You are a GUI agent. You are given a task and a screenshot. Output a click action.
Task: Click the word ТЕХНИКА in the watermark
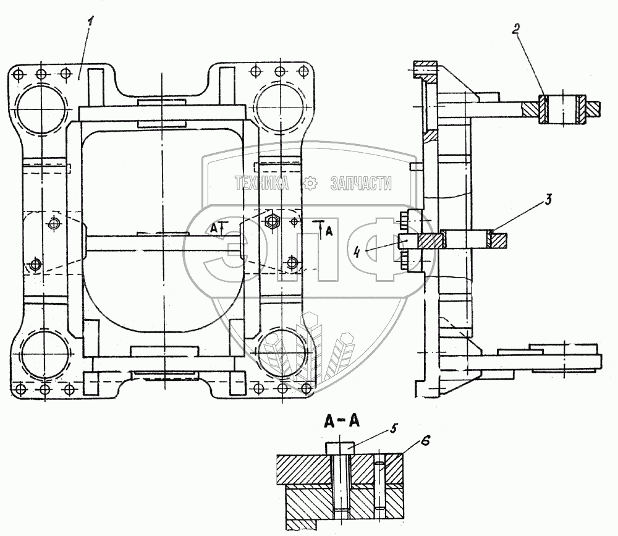click(x=263, y=182)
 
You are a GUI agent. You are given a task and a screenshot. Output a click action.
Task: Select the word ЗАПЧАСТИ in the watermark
click(x=362, y=182)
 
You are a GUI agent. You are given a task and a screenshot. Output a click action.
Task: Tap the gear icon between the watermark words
click(x=311, y=182)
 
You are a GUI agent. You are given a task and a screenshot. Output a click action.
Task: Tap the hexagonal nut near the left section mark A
click(x=271, y=220)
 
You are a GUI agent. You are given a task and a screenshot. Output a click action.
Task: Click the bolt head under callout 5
click(x=340, y=446)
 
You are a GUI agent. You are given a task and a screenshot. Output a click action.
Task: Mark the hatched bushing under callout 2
click(x=563, y=110)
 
